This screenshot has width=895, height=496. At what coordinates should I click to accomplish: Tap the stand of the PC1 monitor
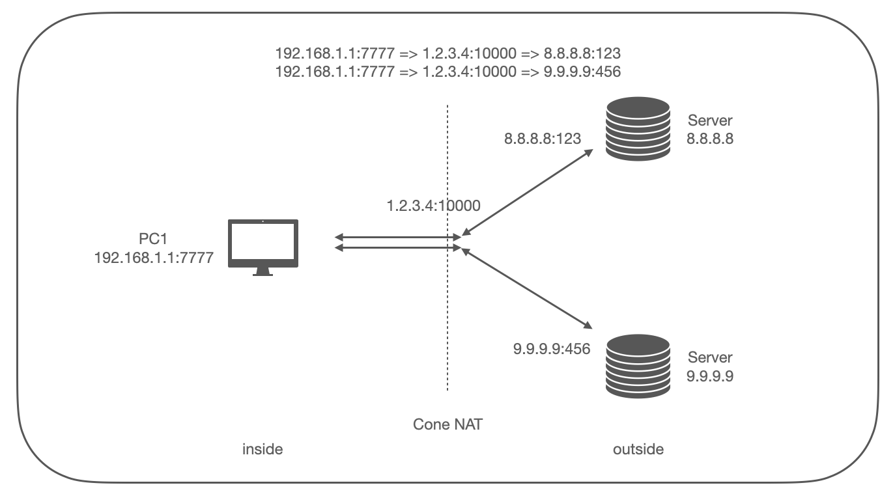coord(263,271)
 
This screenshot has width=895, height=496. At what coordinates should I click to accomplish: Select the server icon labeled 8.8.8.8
coord(638,129)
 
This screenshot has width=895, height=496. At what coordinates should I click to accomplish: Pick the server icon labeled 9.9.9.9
coord(638,366)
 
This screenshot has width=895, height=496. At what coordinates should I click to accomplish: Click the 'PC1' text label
coord(153,239)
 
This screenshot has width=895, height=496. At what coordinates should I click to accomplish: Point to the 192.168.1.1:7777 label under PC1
coord(154,258)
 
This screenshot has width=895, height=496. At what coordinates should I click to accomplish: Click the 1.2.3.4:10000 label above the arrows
coord(434,206)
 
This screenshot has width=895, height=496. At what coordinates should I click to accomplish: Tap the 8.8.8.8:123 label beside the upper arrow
coord(543,139)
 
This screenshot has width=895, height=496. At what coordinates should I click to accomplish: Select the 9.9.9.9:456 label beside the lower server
coord(552,349)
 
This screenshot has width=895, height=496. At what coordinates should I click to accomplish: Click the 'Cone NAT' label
coord(448,424)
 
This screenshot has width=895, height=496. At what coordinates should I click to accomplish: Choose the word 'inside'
coord(263,449)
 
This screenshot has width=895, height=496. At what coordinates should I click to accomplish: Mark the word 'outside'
coord(638,449)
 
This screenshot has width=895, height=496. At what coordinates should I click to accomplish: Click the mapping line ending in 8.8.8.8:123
coord(448,53)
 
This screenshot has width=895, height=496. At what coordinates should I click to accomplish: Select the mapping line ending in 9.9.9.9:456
coord(448,72)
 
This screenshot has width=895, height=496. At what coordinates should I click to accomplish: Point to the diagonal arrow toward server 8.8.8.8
coord(528,192)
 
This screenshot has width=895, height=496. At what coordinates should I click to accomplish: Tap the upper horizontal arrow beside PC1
coord(398,237)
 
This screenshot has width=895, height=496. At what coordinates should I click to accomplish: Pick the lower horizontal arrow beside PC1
coord(398,247)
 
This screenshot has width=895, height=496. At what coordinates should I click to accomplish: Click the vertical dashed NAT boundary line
coord(447,247)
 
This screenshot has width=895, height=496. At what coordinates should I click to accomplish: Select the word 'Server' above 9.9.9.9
coord(710,357)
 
